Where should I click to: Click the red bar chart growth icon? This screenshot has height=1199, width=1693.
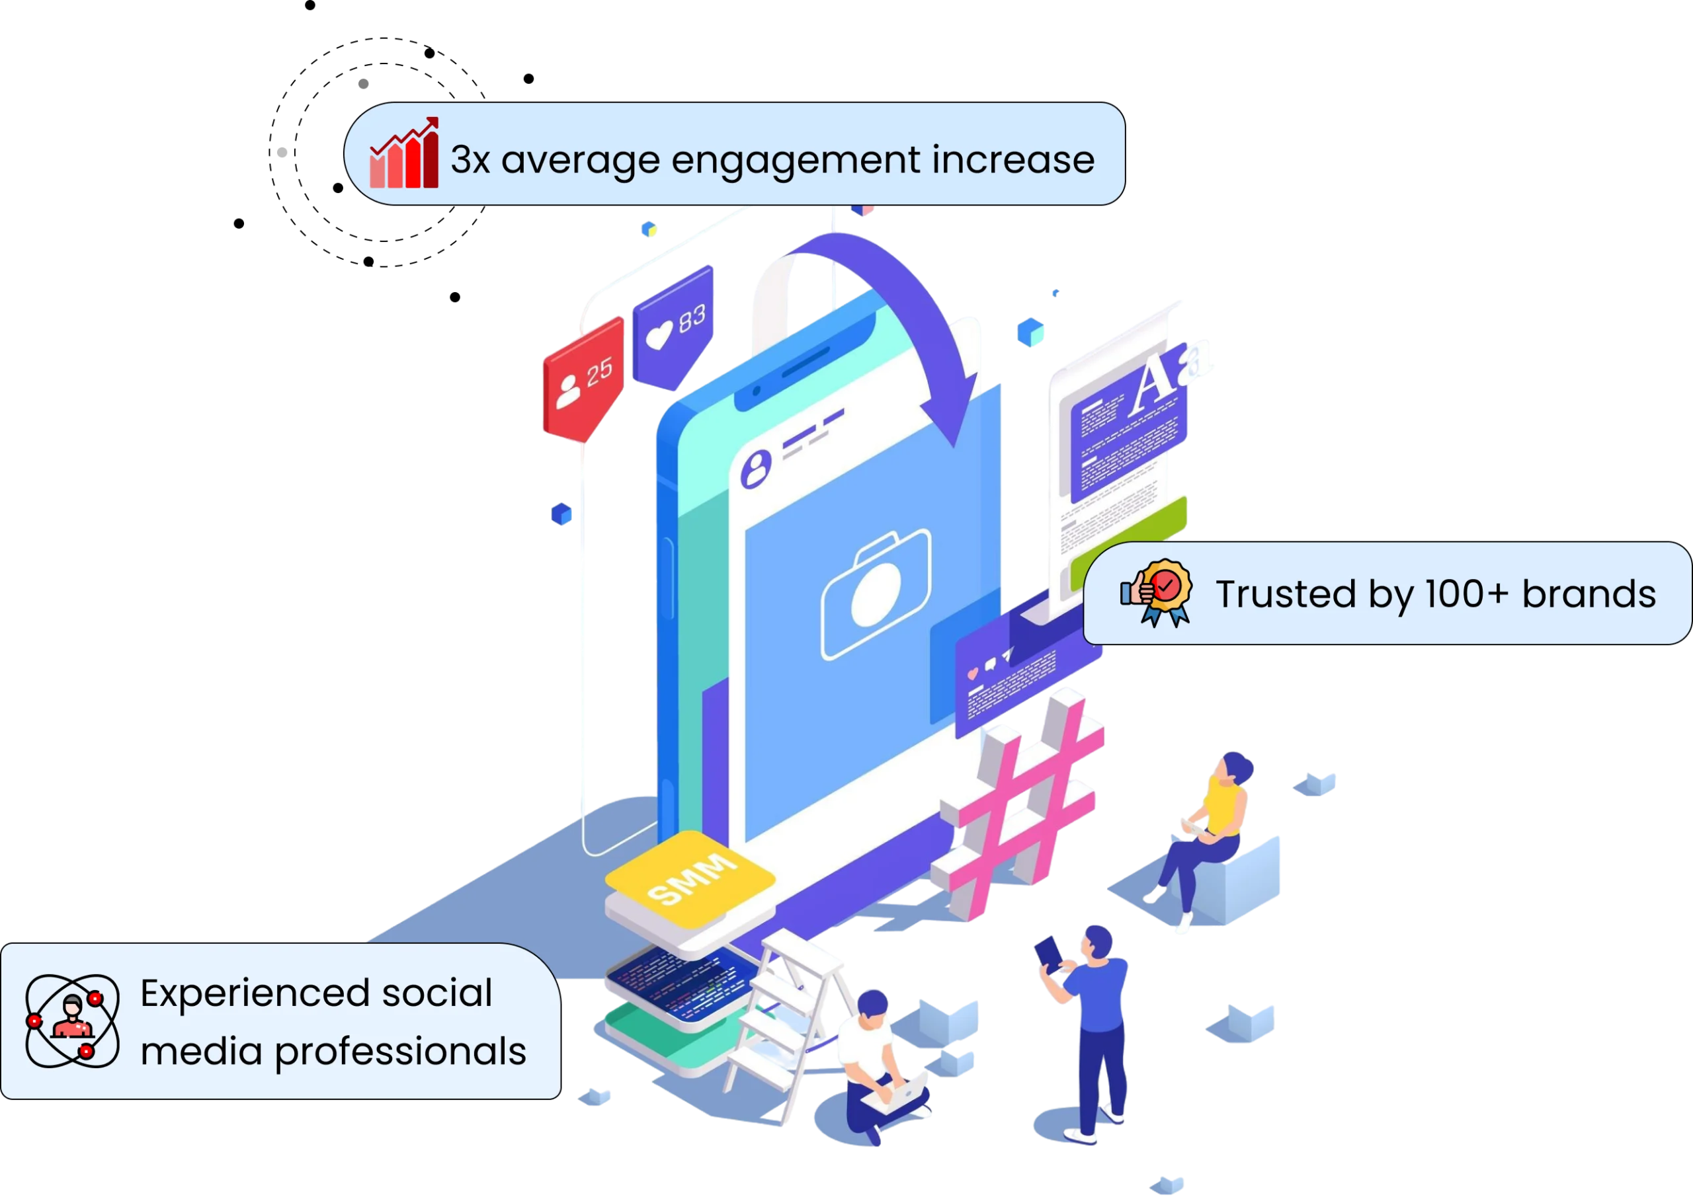pyautogui.click(x=404, y=153)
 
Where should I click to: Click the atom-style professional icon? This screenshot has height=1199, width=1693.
pyautogui.click(x=71, y=1021)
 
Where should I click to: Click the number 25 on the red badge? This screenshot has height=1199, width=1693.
pyautogui.click(x=599, y=371)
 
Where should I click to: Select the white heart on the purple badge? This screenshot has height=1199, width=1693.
pyautogui.click(x=659, y=334)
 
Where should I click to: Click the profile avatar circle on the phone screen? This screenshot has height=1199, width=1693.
pyautogui.click(x=755, y=468)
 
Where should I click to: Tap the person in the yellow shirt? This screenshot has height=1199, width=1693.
pyautogui.click(x=1212, y=827)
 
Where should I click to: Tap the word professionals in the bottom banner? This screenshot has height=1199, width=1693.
pyautogui.click(x=400, y=1052)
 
